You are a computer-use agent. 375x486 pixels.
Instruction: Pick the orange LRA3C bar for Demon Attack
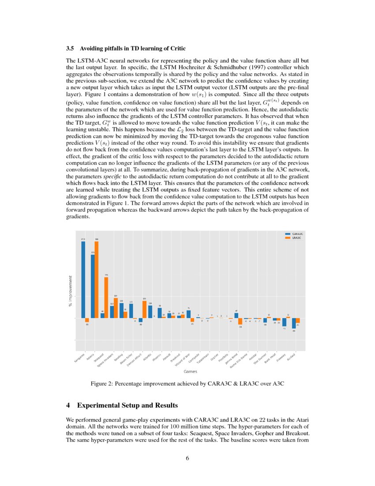[145, 309]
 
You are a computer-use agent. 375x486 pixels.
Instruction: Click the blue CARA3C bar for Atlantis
[150, 311]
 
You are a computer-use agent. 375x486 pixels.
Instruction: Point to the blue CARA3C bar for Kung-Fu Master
[294, 323]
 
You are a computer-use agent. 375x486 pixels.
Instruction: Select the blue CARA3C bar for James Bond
[236, 315]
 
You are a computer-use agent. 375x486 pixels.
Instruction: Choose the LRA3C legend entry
[295, 238]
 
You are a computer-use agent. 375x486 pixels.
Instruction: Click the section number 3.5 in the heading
[70, 48]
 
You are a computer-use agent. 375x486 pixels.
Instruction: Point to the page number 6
[187, 458]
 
